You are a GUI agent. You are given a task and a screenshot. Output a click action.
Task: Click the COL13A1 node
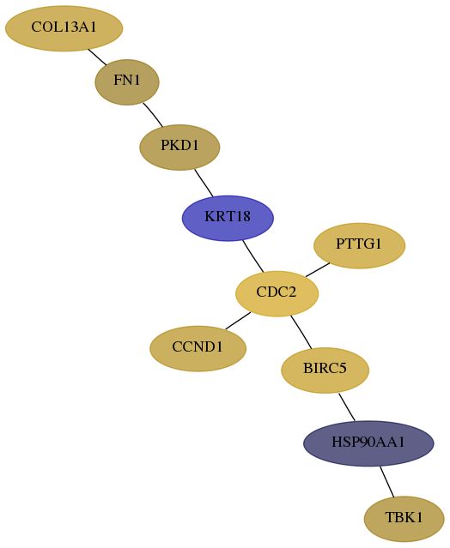click(64, 28)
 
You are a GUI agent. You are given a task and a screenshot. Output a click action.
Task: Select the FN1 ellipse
click(127, 82)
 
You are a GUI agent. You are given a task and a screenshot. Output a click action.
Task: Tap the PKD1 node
click(179, 148)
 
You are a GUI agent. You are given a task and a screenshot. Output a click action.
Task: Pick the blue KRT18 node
click(228, 218)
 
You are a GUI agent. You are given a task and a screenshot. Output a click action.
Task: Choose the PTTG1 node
click(359, 245)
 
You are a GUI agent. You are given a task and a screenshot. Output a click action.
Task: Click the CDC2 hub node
click(277, 293)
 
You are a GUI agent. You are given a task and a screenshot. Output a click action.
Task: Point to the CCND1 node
click(198, 349)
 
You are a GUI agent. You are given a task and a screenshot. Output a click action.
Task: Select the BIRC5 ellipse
click(325, 370)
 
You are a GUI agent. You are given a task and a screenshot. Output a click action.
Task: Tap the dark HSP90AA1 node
click(368, 443)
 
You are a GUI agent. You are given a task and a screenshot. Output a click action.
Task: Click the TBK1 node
click(404, 519)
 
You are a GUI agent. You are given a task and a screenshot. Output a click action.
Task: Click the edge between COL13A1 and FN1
click(97, 57)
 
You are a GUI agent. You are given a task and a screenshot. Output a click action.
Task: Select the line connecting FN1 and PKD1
click(153, 115)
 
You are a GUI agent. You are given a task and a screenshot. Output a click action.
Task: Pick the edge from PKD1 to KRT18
click(204, 183)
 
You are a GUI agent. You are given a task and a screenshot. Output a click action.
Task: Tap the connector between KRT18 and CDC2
click(253, 256)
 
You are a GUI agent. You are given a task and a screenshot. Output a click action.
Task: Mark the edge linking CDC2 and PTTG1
click(318, 270)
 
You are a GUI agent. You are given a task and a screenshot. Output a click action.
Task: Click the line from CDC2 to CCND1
click(238, 321)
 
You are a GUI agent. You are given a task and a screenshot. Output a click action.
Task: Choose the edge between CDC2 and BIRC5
click(301, 332)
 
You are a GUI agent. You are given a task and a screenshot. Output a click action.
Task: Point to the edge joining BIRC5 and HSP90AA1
click(347, 407)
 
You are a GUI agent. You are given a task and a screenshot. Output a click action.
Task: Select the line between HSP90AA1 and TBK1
click(387, 482)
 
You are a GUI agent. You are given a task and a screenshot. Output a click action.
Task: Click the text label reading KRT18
click(228, 217)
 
